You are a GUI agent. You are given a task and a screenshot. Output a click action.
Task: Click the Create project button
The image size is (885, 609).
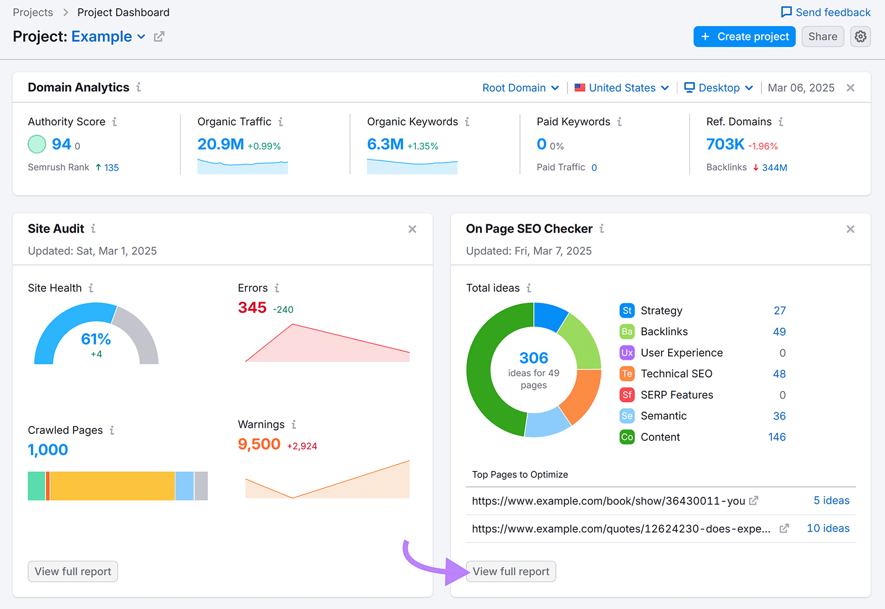point(744,36)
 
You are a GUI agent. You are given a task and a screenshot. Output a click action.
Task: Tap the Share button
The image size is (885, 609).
point(822,36)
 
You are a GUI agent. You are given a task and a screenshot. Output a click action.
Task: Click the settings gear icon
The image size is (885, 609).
point(860,36)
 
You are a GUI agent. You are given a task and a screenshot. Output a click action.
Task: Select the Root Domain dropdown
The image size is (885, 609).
point(520,88)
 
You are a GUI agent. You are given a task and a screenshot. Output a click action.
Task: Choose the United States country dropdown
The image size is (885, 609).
point(622,88)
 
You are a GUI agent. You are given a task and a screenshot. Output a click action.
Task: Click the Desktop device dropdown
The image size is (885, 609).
point(719,88)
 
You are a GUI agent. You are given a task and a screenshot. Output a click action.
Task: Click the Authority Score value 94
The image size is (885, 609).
point(61,144)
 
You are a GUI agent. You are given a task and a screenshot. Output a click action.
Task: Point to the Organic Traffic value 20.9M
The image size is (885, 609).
point(221,144)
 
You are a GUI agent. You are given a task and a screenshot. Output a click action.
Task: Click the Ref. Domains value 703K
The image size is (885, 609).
point(725,144)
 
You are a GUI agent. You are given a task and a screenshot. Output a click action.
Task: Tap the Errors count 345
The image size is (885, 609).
point(252,308)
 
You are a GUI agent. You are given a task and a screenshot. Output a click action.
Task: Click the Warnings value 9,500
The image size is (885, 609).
point(259,444)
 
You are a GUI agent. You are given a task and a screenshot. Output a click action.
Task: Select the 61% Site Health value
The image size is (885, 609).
point(96,339)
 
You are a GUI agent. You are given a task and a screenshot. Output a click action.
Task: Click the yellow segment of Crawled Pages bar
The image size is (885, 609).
point(112,486)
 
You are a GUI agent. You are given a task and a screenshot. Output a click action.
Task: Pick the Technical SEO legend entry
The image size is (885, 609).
point(676,374)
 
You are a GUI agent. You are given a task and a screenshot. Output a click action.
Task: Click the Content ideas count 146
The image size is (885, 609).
point(777,437)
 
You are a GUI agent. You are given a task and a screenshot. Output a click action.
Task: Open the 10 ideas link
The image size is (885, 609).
point(827,528)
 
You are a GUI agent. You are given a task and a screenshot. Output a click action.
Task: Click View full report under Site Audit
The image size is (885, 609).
point(73,571)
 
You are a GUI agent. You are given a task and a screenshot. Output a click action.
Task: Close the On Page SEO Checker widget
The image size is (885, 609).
point(850,229)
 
